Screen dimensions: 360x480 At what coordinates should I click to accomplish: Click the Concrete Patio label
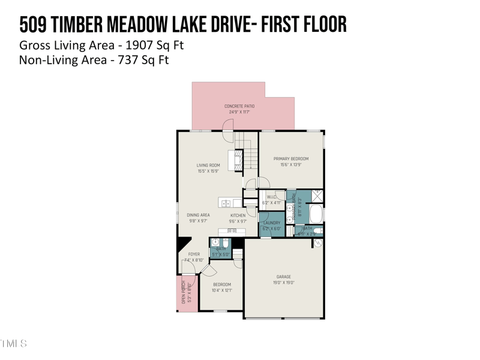click(x=239, y=106)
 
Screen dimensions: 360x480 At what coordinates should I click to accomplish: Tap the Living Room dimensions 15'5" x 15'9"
click(x=208, y=171)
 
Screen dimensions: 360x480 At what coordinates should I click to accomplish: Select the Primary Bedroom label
click(x=291, y=159)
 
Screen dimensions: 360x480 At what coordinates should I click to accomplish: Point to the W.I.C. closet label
click(x=271, y=196)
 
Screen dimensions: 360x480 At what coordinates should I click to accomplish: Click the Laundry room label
click(x=271, y=223)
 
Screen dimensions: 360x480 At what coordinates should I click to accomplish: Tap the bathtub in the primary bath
click(x=316, y=214)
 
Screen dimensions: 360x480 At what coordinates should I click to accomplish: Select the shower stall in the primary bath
click(x=316, y=196)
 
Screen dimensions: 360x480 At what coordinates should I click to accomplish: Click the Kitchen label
click(x=238, y=215)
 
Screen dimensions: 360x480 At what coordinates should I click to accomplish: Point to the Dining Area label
click(x=198, y=215)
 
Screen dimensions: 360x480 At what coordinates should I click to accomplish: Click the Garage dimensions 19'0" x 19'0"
click(x=284, y=283)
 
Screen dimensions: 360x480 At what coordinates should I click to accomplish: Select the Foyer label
click(x=194, y=254)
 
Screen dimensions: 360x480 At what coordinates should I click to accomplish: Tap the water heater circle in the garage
click(x=319, y=244)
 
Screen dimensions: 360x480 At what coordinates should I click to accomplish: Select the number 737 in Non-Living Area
click(x=124, y=60)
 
